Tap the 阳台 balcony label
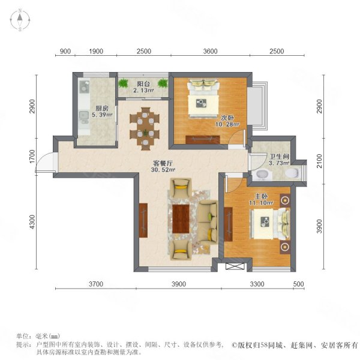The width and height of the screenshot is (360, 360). (143, 84)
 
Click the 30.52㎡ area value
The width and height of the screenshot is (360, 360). (158, 169)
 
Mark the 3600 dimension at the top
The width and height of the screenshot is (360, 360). (209, 52)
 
